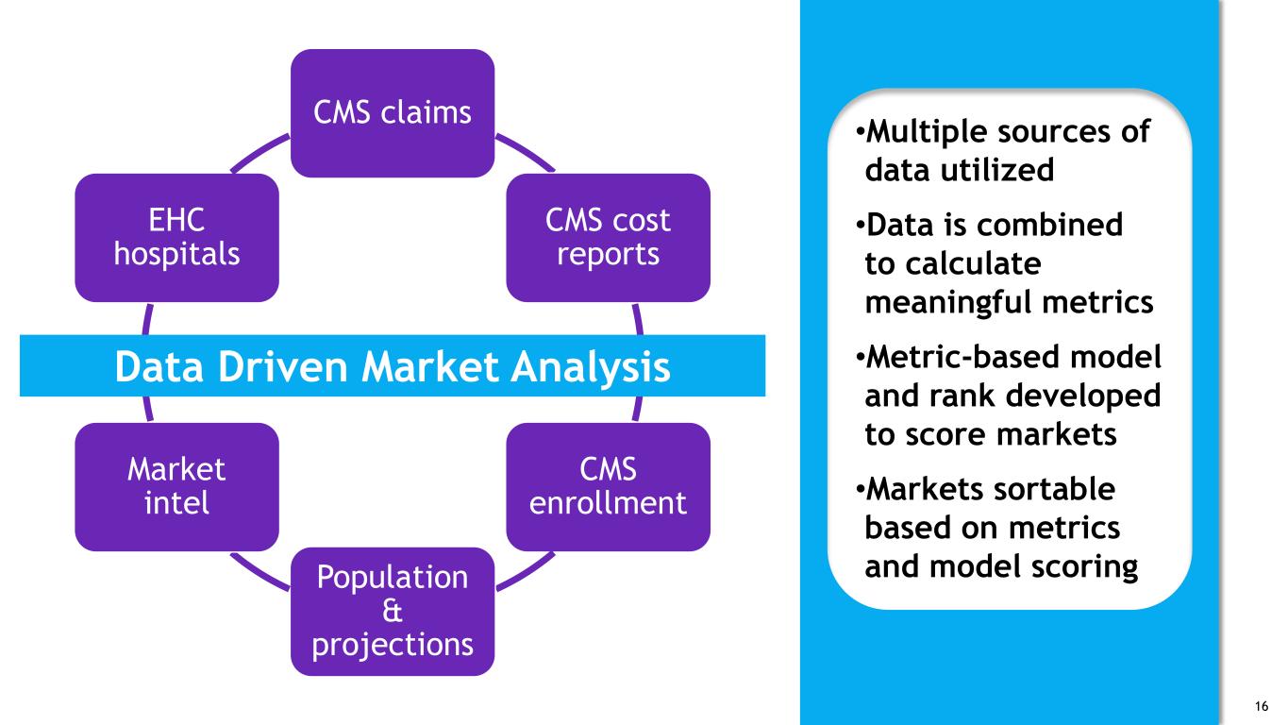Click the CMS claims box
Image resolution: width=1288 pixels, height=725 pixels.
click(x=393, y=113)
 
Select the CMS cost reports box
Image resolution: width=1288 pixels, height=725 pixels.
click(x=609, y=238)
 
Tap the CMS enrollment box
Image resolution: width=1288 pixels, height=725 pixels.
click(x=609, y=487)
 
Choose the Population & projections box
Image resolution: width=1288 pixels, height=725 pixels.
click(x=393, y=612)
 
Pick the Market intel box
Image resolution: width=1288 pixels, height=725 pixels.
click(x=177, y=487)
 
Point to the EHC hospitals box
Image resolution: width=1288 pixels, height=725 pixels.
click(x=177, y=238)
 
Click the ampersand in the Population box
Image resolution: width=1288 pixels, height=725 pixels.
click(x=393, y=611)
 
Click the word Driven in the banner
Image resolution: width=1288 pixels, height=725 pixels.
click(x=283, y=366)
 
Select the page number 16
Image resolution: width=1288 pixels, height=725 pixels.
click(x=1262, y=706)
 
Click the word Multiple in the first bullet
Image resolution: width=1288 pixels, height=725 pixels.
click(x=927, y=133)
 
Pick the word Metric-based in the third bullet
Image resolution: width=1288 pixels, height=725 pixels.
click(x=963, y=357)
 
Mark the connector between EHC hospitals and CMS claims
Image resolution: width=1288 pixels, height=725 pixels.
click(x=259, y=152)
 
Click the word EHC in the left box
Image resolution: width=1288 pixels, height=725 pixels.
click(x=176, y=220)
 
